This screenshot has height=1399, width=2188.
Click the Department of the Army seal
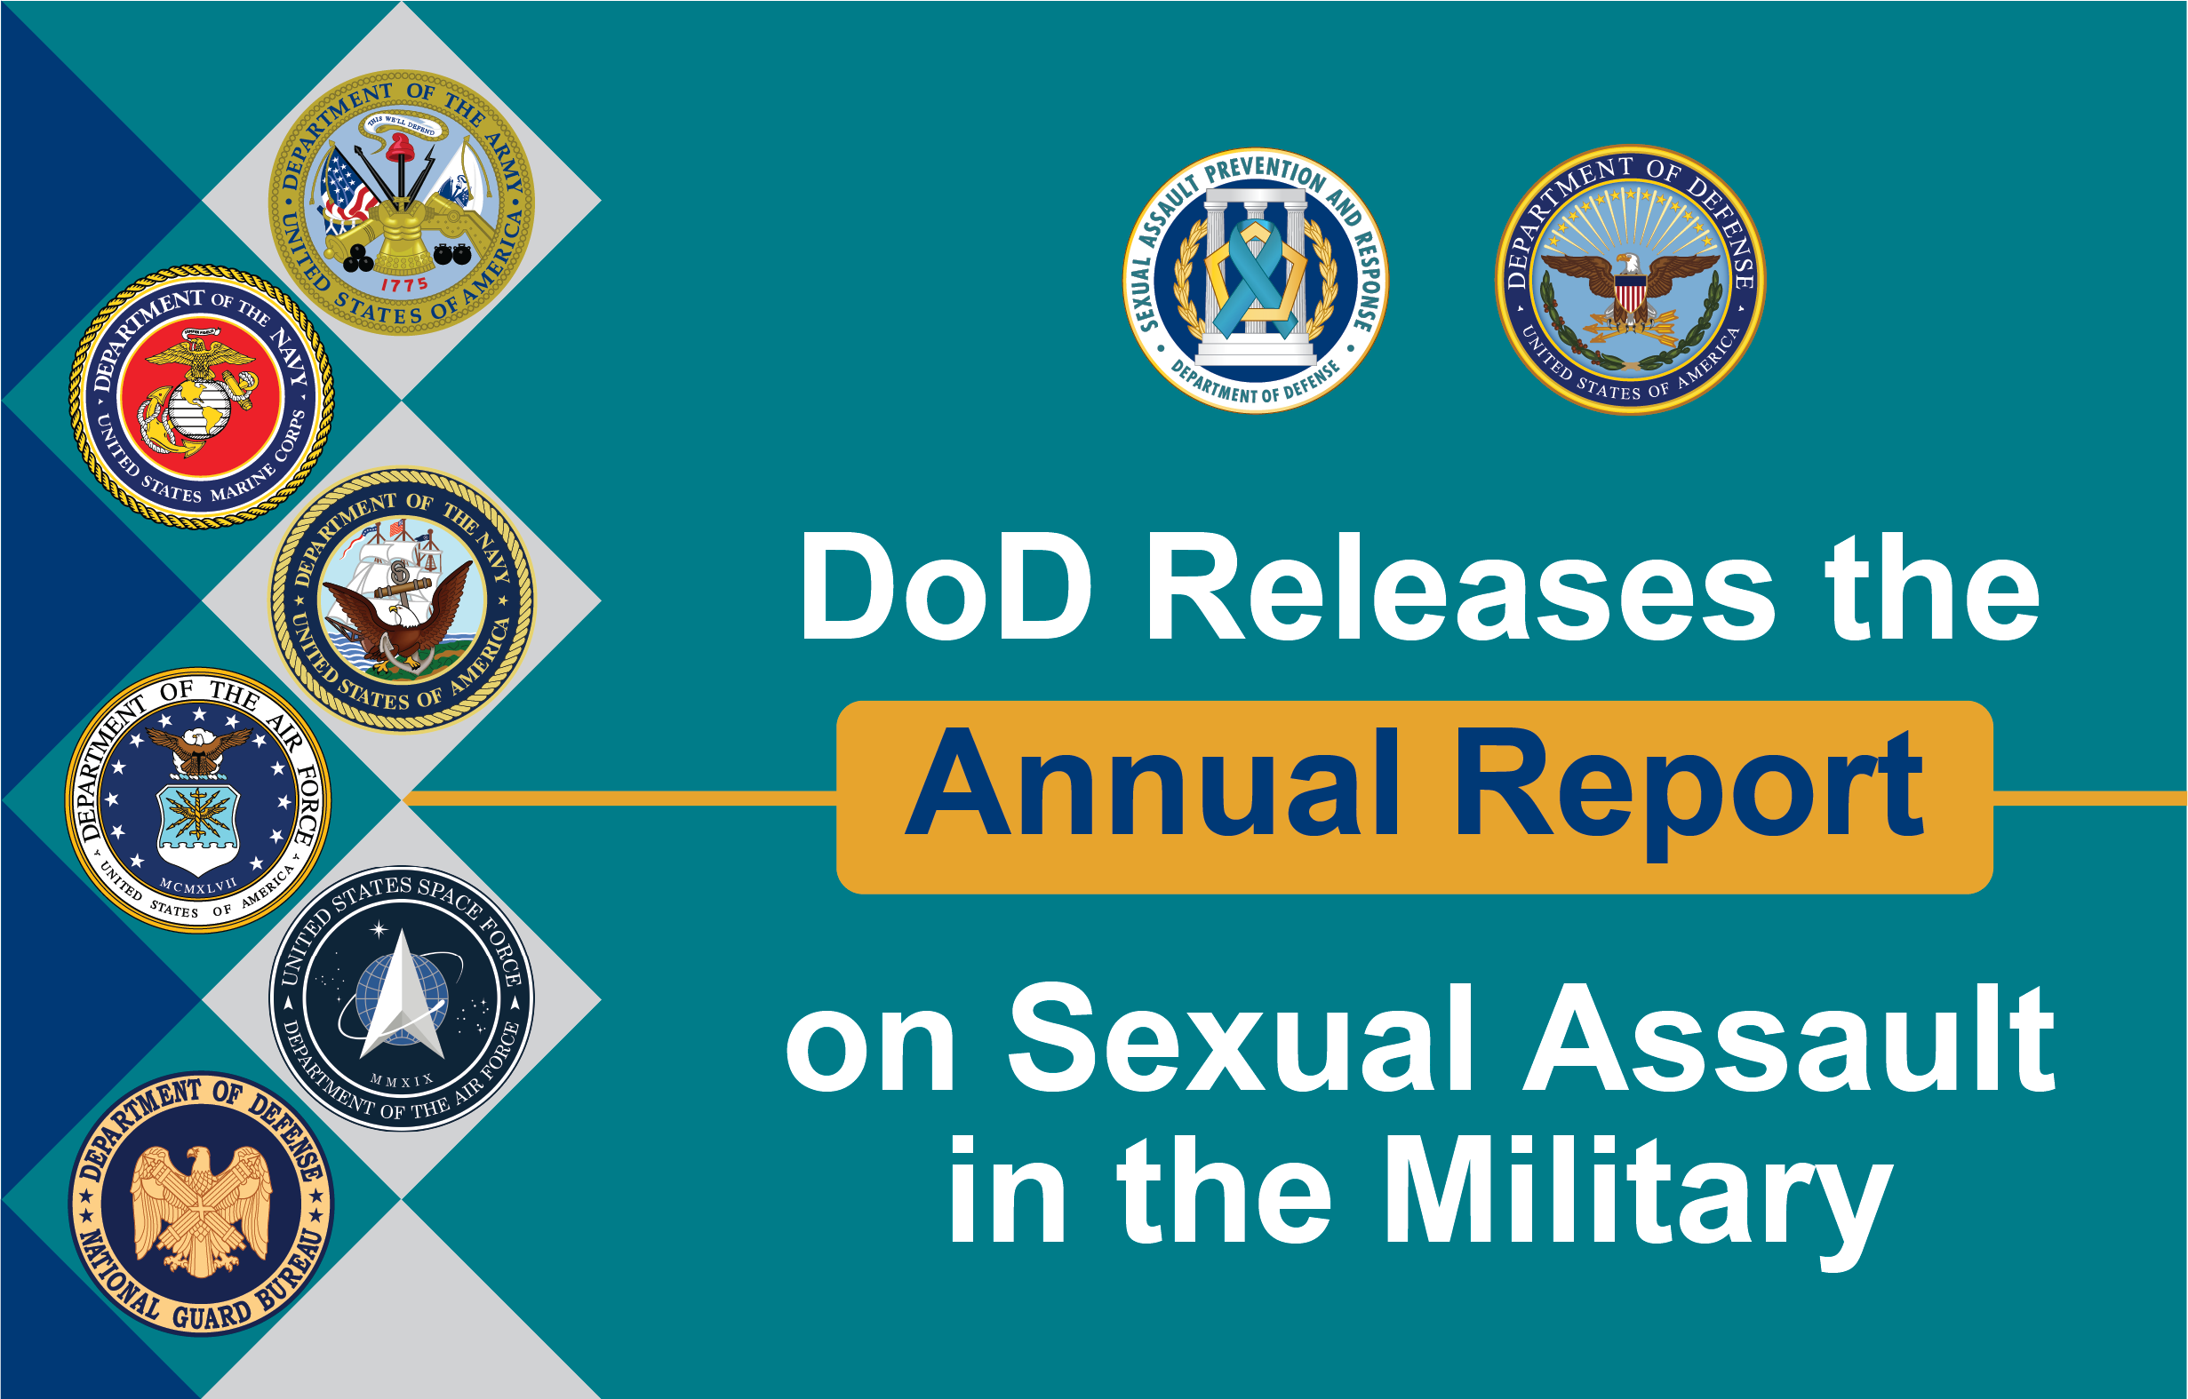point(402,203)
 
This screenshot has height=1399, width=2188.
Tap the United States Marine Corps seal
point(202,397)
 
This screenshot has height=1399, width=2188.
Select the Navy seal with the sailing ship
point(402,600)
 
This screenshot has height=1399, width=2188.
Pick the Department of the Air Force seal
point(198,800)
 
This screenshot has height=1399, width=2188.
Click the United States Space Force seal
point(402,999)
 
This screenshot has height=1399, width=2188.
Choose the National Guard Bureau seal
point(202,1204)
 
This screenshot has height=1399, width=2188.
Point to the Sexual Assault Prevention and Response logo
point(1256,281)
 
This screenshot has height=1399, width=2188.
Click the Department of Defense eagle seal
point(1631,279)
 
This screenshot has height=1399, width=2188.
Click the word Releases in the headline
point(1462,588)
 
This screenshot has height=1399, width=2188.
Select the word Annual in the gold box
point(1153,783)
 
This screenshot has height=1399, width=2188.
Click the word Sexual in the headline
point(1242,1037)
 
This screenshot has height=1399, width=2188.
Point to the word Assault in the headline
point(1790,1037)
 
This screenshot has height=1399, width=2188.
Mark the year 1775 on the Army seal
point(404,285)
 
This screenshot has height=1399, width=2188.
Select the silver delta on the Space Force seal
point(402,994)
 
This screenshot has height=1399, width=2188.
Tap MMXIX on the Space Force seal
point(402,1081)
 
